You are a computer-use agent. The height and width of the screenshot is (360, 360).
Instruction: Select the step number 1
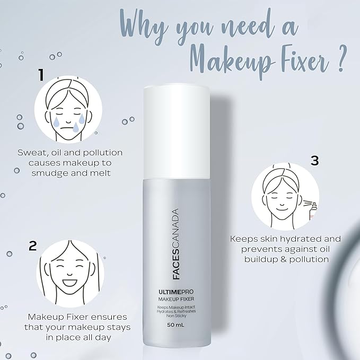[x=40, y=75]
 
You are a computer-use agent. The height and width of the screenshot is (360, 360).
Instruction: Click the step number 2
[x=33, y=245]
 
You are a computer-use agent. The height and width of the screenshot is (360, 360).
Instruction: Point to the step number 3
[x=314, y=160]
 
